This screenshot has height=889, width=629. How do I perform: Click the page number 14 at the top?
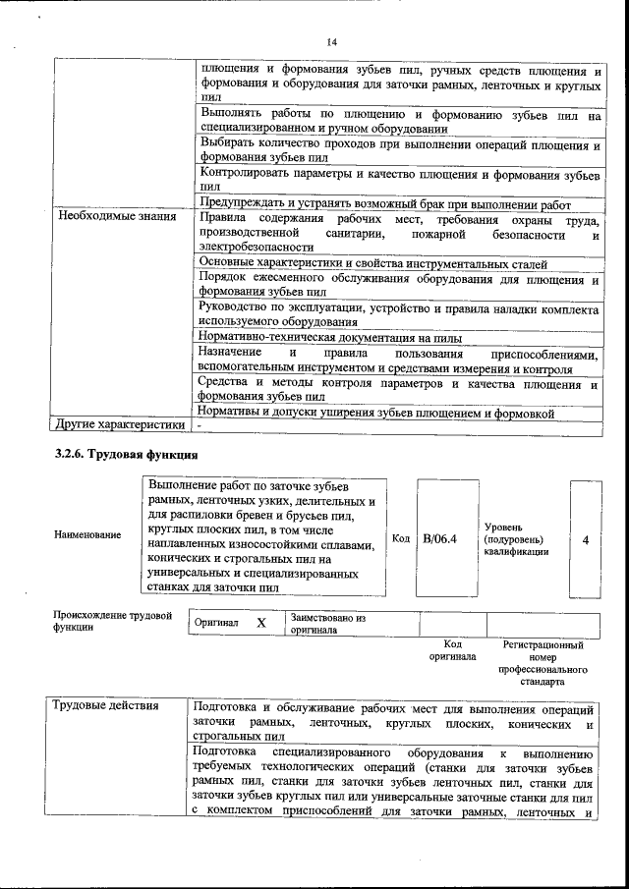[x=331, y=40]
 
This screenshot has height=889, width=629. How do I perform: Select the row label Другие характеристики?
[x=120, y=425]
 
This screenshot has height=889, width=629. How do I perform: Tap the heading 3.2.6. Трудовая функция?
[x=126, y=455]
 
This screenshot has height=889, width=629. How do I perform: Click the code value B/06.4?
[x=440, y=539]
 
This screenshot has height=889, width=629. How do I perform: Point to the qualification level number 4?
[x=586, y=539]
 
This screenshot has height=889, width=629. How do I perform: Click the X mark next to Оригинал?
[x=260, y=623]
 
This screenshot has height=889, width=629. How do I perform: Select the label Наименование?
[x=87, y=534]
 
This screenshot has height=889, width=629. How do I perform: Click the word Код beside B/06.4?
[x=401, y=538]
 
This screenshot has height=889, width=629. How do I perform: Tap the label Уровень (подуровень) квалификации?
[x=516, y=539]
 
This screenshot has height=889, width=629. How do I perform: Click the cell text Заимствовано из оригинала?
[x=327, y=624]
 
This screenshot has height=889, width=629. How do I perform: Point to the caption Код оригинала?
[x=452, y=650]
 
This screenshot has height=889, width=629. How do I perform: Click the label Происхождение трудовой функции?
[x=105, y=621]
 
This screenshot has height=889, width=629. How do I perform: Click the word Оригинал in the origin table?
[x=216, y=624]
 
